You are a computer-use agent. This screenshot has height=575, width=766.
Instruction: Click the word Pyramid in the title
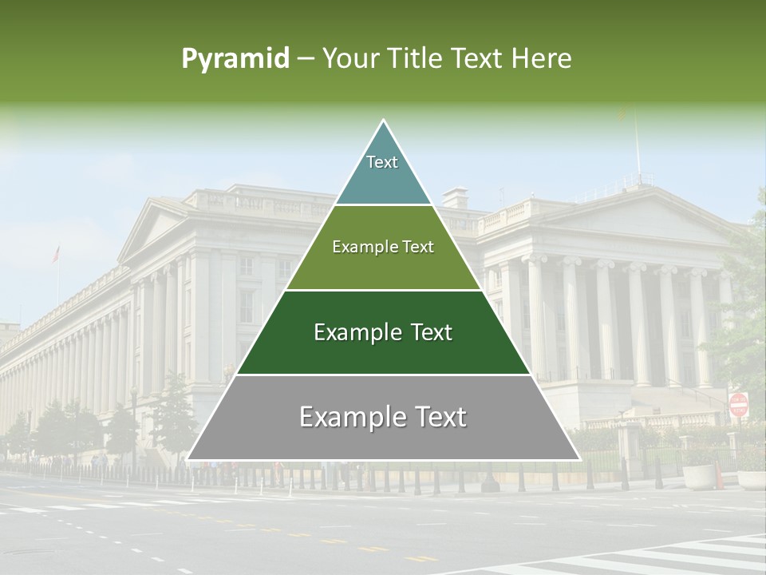coord(235,59)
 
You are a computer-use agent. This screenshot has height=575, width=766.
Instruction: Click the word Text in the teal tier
coord(382,162)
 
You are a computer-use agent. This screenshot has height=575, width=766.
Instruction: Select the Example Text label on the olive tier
coord(383,247)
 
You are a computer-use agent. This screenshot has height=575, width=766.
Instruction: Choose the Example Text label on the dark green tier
coord(383,332)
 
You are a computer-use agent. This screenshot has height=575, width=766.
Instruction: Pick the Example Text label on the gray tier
coord(383,417)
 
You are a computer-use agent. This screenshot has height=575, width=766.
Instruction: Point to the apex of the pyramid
coord(384,121)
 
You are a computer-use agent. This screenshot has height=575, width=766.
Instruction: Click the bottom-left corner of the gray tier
coord(189,458)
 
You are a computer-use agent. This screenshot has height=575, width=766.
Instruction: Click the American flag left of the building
coord(56,254)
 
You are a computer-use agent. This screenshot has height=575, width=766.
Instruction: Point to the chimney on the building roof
coord(456,197)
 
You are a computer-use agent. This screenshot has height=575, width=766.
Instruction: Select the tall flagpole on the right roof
coord(637,148)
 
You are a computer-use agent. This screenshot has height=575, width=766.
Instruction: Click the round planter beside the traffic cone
coord(699,476)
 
